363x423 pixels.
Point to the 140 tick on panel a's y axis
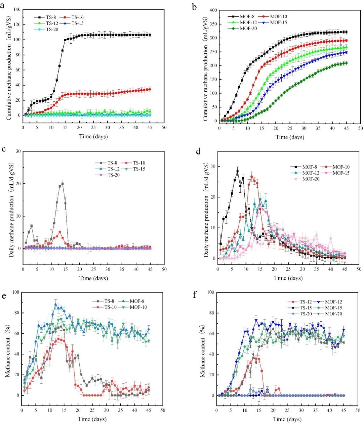tap(17, 9)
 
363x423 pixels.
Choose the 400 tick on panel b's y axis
tap(213, 10)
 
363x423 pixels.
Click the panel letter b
tap(195, 7)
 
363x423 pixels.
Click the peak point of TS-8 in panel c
tap(63, 184)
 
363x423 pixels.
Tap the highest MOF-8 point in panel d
tap(237, 171)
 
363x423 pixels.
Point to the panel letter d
tap(198, 152)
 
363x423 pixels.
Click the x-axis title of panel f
tap(287, 419)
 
